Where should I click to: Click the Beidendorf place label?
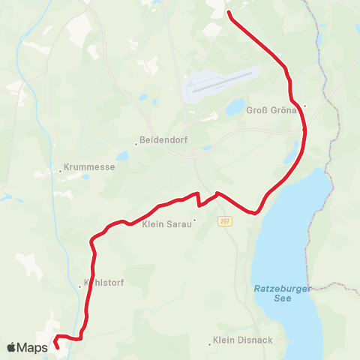pos(163,141)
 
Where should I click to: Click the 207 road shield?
pos(224,221)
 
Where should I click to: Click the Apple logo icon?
pos(11,347)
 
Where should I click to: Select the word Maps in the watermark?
pos(33,347)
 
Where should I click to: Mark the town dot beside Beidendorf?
pos(136,141)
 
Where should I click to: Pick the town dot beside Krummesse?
pos(61,170)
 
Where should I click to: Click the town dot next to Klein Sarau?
pos(194,221)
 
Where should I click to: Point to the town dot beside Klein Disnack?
pos(210,344)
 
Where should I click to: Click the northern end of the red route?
pos(228,13)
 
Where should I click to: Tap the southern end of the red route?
pos(57,347)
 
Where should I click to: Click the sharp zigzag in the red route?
pos(199,199)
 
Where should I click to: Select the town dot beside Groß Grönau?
pos(304,106)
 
